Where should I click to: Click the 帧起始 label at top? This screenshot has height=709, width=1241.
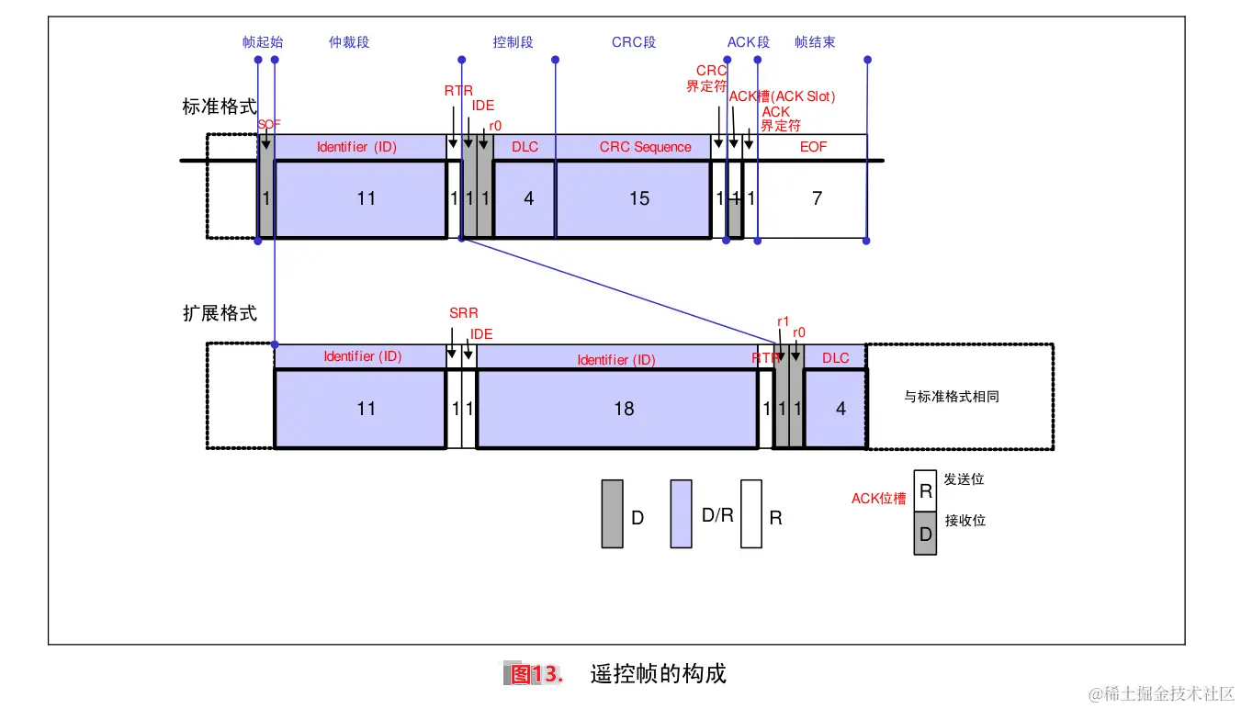[263, 42]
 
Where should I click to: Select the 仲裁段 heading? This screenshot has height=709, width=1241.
[349, 42]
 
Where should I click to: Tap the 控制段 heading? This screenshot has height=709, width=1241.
[513, 42]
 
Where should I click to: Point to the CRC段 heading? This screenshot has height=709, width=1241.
[634, 42]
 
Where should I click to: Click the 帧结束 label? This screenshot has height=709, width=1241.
[815, 42]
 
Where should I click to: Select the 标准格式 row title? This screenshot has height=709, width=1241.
[220, 107]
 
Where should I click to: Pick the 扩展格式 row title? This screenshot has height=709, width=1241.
[220, 313]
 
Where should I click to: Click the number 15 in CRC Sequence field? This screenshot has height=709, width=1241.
[639, 198]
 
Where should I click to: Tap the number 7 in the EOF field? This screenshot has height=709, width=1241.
[817, 198]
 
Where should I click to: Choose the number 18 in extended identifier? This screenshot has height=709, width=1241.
[624, 409]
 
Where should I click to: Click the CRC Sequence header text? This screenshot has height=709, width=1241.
[645, 147]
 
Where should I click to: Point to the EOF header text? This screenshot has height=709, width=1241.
[813, 147]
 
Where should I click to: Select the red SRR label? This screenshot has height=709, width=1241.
[463, 313]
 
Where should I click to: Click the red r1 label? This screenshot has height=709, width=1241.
[784, 321]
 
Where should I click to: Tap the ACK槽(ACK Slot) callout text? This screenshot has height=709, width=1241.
[782, 96]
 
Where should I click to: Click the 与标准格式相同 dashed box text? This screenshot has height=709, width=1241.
[951, 397]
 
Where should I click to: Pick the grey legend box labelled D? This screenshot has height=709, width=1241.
[612, 514]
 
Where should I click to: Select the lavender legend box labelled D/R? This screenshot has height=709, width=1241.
[681, 514]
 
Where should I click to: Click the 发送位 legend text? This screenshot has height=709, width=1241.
[964, 480]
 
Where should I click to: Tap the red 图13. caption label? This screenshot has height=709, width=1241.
[534, 674]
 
